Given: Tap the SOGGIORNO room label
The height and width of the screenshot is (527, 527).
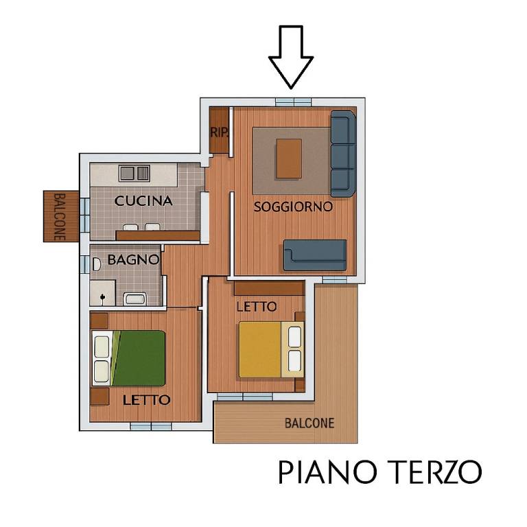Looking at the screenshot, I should point(293,206).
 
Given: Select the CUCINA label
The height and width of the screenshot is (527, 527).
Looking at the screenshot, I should point(143,201).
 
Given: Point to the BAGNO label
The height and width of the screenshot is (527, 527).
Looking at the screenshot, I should point(133,259).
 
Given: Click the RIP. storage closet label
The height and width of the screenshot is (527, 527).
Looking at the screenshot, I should point(219,132).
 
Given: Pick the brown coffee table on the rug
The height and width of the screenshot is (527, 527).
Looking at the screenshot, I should point(289,158).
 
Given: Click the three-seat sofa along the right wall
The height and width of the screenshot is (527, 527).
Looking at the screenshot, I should point(342,154).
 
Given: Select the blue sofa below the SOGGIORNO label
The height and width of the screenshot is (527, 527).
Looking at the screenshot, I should point(315,255).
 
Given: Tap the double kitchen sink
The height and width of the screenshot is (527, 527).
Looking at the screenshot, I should point(134,173).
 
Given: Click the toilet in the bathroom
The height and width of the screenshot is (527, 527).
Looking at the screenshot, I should point(97,262).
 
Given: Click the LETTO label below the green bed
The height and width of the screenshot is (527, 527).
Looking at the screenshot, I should point(146,399).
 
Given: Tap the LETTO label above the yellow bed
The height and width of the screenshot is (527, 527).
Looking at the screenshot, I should point(256,306).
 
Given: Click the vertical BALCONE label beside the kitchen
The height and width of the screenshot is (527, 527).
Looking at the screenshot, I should point(60,216).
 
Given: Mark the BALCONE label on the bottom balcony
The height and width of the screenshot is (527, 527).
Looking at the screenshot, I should point(309,423).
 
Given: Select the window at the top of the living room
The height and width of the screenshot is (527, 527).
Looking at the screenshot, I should point(293,102).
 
